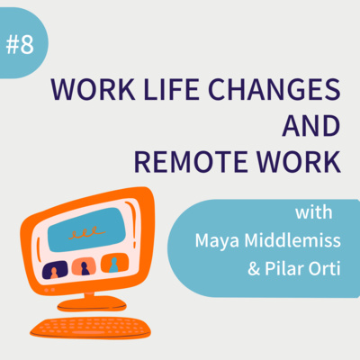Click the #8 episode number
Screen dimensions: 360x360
coord(20,45)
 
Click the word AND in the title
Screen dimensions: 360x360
coord(311,126)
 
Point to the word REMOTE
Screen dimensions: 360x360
coord(191,162)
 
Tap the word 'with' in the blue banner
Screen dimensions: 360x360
coord(314,212)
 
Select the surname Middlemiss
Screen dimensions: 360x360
coord(292,240)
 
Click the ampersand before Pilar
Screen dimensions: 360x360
coord(254,268)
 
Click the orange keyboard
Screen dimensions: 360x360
coord(90,328)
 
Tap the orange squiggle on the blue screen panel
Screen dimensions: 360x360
coord(86,232)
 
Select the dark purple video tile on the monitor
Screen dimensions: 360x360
coord(55,270)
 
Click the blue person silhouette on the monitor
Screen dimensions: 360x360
coord(113,265)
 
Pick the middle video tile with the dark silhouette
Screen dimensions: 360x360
coord(84,266)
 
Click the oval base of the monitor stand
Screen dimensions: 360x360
coord(92,304)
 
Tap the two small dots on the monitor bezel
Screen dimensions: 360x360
coord(49,290)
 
